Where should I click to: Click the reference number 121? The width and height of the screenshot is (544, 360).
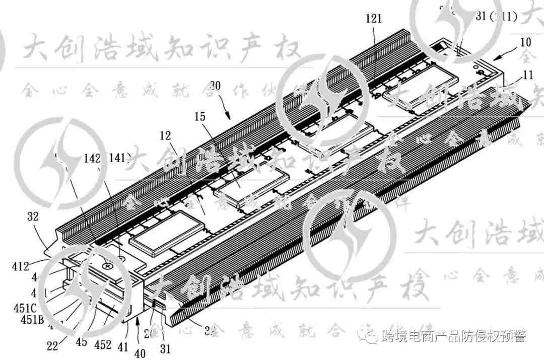[374, 19]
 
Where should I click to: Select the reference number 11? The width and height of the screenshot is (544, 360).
[527, 76]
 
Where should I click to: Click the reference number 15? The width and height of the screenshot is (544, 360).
[200, 116]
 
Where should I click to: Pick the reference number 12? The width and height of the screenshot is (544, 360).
[165, 136]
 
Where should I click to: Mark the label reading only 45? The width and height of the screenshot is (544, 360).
[81, 343]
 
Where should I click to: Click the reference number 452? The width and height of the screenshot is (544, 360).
[103, 343]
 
